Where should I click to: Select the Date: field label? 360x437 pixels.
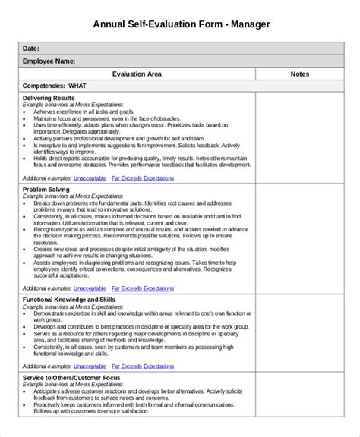click(x=31, y=48)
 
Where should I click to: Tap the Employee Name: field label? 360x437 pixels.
click(x=49, y=61)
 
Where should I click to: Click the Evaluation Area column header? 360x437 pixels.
click(x=137, y=74)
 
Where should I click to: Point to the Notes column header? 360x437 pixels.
click(x=299, y=74)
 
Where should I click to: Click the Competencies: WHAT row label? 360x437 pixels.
click(x=54, y=86)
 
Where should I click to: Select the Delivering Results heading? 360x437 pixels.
click(x=49, y=99)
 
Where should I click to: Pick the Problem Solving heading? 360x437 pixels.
click(x=46, y=189)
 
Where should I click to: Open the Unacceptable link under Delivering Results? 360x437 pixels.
click(x=90, y=178)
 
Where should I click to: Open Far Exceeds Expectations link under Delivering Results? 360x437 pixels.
click(x=143, y=178)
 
